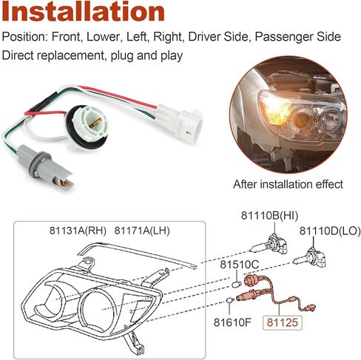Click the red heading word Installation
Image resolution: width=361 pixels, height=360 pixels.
(83, 12)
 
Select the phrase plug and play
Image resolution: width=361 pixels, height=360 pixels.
(146, 55)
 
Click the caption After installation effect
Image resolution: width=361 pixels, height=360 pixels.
(288, 184)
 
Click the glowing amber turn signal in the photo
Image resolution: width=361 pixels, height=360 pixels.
(275, 109)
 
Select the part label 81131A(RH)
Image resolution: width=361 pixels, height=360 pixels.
(78, 231)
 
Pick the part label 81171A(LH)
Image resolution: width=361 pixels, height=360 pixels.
(142, 231)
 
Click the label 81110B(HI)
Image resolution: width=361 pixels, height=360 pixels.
(269, 216)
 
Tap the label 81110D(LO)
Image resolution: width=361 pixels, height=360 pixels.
(330, 231)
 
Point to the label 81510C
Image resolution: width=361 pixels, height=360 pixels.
(240, 265)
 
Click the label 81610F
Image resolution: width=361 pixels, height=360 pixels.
(232, 322)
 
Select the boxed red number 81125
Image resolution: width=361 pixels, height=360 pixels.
(283, 322)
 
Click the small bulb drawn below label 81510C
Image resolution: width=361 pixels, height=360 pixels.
(237, 284)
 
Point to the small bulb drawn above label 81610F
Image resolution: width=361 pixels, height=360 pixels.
(230, 301)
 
